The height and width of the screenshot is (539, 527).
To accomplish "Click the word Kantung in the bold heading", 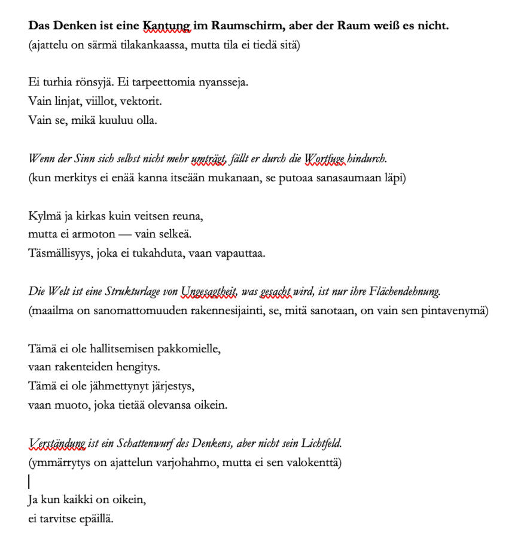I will click(x=166, y=26).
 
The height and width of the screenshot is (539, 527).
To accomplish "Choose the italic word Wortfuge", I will click(x=325, y=159).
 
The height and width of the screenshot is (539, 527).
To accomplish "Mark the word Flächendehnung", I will click(x=406, y=291).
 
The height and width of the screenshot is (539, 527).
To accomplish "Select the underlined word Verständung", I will click(x=57, y=443).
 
